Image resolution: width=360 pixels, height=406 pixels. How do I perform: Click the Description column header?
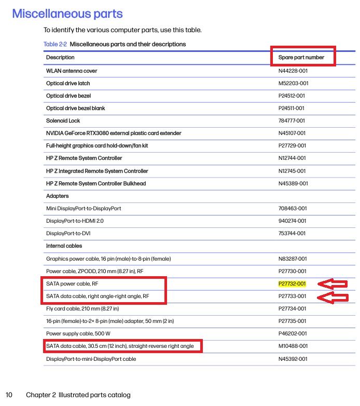(60, 57)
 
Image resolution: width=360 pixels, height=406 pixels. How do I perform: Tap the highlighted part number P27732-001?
(293, 283)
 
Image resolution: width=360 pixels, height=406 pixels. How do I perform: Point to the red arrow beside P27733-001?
(334, 297)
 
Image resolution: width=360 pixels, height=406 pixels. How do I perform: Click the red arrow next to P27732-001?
(334, 283)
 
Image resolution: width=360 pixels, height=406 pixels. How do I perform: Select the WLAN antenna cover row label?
(72, 71)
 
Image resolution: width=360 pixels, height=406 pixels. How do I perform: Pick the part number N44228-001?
(293, 71)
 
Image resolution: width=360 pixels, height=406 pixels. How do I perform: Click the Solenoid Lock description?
(63, 120)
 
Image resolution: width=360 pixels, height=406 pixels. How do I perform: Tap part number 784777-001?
(293, 120)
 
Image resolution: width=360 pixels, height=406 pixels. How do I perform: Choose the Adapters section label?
(57, 196)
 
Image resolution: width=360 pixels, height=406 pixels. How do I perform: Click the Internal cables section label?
(64, 246)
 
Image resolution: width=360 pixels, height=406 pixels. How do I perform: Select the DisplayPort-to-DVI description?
(68, 233)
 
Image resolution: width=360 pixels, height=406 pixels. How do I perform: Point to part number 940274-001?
(293, 221)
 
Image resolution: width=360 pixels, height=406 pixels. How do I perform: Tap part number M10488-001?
(293, 346)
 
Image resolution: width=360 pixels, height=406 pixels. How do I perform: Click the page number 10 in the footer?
(9, 395)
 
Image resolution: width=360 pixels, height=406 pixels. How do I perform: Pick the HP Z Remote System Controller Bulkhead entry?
(96, 183)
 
